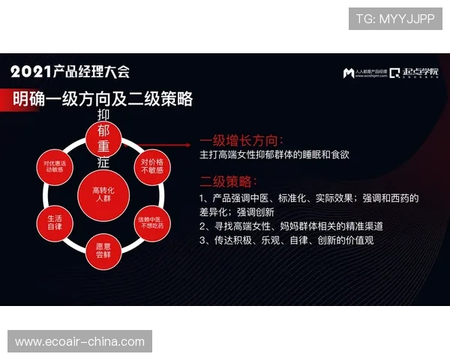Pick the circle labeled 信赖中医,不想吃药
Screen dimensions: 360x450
pos(151,221)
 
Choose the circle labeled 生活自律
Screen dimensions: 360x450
pos(55,221)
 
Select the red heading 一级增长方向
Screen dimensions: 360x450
pos(241,139)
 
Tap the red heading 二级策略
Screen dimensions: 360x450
pos(228,181)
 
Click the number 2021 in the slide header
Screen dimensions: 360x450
pos(31,72)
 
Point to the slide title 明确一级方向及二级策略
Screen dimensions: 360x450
pos(103,98)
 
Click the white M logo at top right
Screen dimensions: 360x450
pos(349,73)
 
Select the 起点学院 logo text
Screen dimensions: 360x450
pos(420,73)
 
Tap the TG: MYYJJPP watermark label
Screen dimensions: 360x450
pos(394,19)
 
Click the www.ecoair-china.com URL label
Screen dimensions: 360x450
pos(79,341)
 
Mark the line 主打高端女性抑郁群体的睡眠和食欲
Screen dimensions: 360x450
pos(274,154)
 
